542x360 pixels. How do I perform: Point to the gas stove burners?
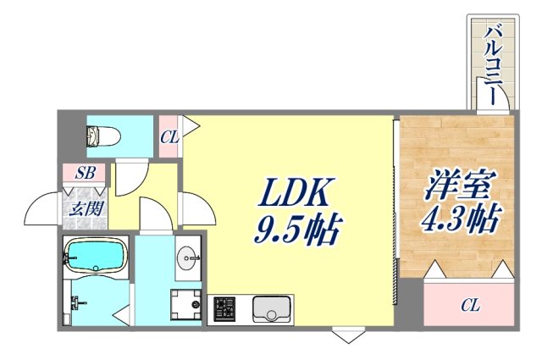pyautogui.click(x=226, y=307)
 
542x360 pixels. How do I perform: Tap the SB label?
pyautogui.click(x=85, y=173)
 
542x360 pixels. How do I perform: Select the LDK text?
pyautogui.click(x=298, y=193)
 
